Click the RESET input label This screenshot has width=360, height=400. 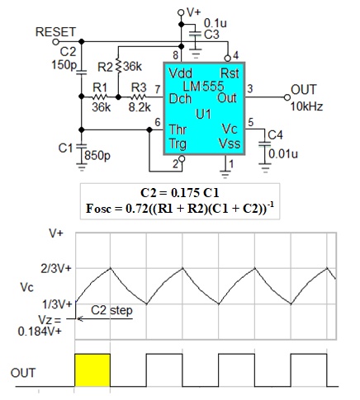click(55, 32)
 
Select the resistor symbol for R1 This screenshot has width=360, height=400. click(100, 97)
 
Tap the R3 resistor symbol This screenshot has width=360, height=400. click(139, 97)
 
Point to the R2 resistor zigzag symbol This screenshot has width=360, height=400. click(118, 66)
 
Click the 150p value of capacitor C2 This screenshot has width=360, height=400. click(64, 65)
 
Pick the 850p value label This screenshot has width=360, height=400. click(97, 156)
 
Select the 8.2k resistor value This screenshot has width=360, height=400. click(140, 107)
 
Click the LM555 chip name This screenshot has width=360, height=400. click(203, 86)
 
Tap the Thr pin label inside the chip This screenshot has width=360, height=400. click(178, 129)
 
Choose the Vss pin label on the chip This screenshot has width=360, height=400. click(230, 144)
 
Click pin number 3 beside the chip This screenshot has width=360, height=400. click(249, 89)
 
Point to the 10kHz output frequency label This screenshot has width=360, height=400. click(306, 106)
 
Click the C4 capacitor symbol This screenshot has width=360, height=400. click(265, 144)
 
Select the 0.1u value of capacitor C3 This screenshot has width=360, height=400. click(216, 23)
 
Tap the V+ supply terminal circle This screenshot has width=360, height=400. click(181, 12)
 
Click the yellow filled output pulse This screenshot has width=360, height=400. click(92, 370)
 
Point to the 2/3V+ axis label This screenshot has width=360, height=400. click(56, 269)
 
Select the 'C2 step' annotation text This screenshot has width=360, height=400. click(111, 310)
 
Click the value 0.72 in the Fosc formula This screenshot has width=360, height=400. click(136, 209)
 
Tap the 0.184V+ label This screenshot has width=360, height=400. click(40, 332)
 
